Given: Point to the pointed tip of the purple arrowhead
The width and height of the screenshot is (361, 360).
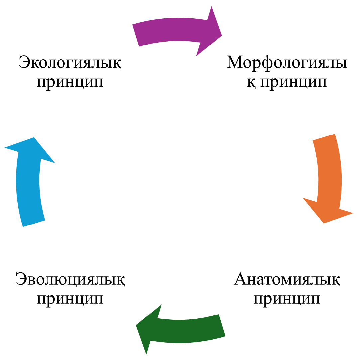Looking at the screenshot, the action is tap(222, 36).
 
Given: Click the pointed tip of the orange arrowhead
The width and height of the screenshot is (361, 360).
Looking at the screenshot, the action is tap(324, 223).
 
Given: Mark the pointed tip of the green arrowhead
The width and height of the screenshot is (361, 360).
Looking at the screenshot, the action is tap(136, 325).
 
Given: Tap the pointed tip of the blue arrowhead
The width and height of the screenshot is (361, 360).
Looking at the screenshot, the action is tap(34, 137).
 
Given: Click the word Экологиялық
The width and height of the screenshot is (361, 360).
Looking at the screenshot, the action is tap(70, 62).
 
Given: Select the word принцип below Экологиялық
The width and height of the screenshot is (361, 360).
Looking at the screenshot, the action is tap(70, 82).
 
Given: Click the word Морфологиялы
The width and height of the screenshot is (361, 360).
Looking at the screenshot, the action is tap(287, 62).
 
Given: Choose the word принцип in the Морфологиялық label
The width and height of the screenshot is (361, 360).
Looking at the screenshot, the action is tap(294, 82).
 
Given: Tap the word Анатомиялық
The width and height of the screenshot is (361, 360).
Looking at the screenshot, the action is tap(287, 279).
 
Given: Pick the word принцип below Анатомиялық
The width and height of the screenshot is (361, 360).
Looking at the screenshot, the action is tap(287, 299).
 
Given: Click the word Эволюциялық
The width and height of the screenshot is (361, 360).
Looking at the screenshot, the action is tap(70, 279).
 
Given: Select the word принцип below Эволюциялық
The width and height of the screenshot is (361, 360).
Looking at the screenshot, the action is tap(70, 299).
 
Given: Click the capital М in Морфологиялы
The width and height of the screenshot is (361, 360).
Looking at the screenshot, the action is tap(235, 62).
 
